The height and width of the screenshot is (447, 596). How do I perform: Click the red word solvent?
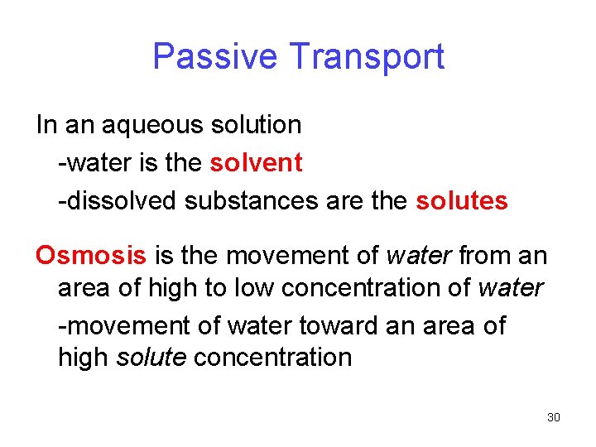pyautogui.click(x=256, y=163)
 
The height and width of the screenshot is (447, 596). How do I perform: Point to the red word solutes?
pyautogui.click(x=461, y=201)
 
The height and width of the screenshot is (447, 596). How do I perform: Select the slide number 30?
pyautogui.click(x=554, y=417)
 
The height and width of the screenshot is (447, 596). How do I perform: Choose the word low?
pyautogui.click(x=253, y=288)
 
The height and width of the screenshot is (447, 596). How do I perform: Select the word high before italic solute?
pyautogui.click(x=84, y=358)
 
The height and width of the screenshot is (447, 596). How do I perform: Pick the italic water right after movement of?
pyautogui.click(x=418, y=254)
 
